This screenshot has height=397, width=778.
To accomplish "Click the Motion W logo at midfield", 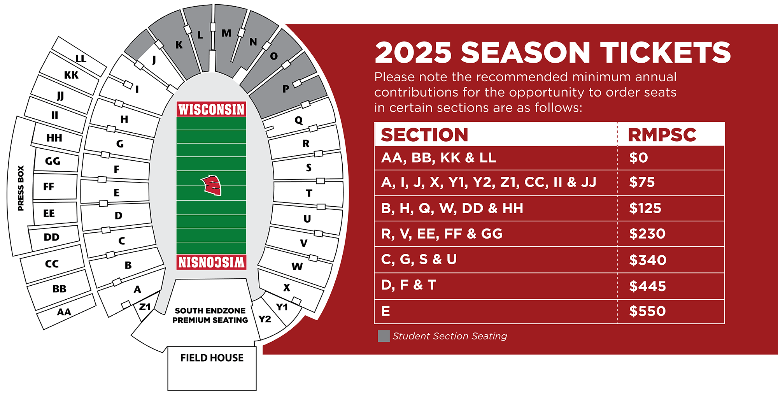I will (211, 185).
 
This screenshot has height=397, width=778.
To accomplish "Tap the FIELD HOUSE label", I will (212, 358).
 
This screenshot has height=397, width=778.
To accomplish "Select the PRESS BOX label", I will (21, 188).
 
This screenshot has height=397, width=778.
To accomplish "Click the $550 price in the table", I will (647, 311).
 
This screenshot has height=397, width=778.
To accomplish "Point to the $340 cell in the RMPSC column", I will (648, 260).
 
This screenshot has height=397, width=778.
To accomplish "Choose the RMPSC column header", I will (662, 135).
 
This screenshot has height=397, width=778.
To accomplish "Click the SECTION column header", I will (424, 135).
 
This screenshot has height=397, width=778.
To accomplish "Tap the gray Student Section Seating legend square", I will (384, 336).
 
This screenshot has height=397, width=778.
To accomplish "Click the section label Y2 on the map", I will (265, 319).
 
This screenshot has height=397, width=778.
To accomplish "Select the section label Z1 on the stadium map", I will (145, 307).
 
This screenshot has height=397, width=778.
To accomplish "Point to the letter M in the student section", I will (226, 33).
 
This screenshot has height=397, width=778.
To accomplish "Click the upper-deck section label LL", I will (81, 59).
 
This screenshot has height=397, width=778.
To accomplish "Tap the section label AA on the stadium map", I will (64, 312).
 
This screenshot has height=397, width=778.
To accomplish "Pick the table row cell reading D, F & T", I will (408, 285).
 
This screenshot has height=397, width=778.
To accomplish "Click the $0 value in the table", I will (638, 158).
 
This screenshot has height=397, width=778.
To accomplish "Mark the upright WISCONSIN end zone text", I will (211, 109).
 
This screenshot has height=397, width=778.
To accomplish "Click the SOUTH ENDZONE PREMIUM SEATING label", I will (210, 315).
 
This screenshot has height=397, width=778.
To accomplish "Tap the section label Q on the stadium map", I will (298, 120).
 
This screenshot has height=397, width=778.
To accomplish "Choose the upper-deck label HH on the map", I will (54, 138).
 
